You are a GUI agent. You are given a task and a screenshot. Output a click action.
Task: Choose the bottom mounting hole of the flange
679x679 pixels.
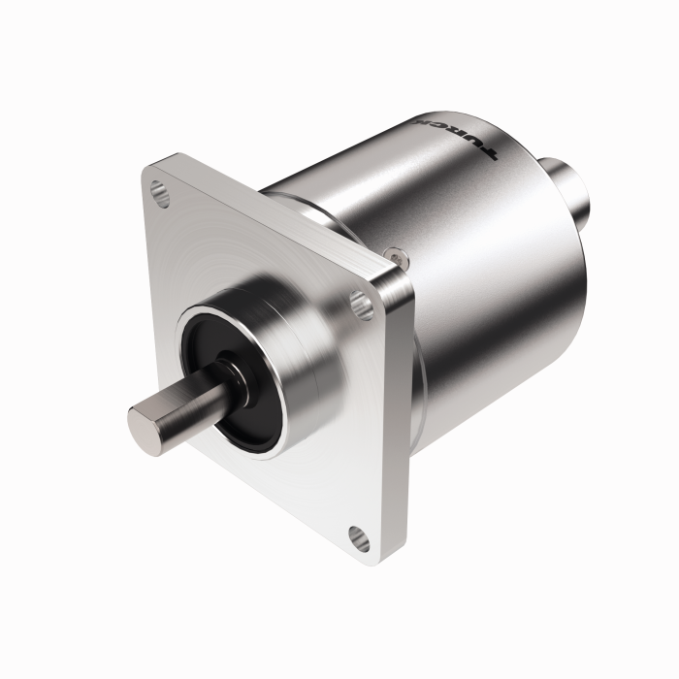coord(357,534)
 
